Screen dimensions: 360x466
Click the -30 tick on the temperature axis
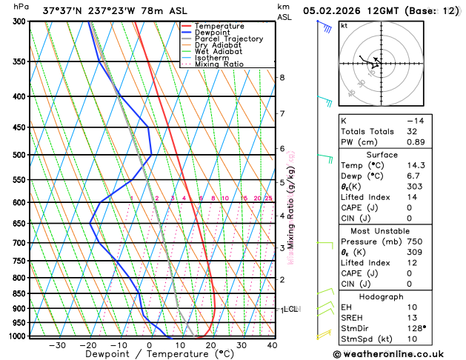57,345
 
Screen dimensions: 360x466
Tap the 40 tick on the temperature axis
272,345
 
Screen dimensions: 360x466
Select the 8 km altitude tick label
282,77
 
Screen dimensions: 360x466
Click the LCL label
290,309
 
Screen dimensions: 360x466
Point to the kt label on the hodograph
344,25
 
